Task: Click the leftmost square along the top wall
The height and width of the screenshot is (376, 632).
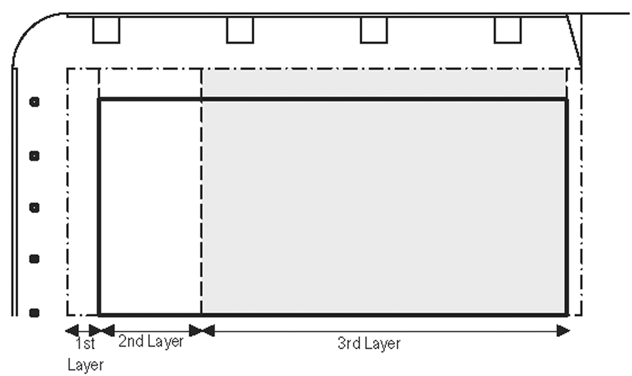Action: pos(106,30)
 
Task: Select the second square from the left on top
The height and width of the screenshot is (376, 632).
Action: pos(239,30)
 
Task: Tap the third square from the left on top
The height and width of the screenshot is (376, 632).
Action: pos(373,30)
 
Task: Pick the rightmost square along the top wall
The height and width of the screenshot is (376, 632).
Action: pos(507,30)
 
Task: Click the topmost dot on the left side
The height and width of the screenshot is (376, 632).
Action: pos(34,102)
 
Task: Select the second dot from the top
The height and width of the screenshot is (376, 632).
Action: pos(34,155)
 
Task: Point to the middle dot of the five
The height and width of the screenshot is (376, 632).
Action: pos(34,206)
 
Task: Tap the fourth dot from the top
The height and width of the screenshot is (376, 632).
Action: pos(34,259)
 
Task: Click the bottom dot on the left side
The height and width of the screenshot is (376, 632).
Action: pos(34,311)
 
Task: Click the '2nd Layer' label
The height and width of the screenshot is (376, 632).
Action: pos(151,342)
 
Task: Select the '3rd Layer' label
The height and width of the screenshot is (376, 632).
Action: pos(369,344)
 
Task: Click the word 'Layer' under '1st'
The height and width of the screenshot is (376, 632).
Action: pos(85,365)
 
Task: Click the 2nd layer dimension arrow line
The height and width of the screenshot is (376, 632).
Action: pos(150,330)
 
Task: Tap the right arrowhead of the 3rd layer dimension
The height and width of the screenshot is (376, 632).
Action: pos(565,330)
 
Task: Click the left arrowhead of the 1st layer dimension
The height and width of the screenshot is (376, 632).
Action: pos(70,330)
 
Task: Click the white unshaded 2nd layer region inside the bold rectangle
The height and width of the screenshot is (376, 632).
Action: pos(150,206)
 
